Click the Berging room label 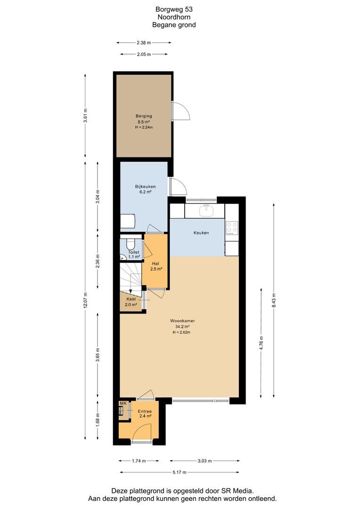144,116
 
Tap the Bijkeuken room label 145,186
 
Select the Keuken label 201,233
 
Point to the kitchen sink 206,211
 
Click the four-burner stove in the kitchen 232,228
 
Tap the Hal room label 155,263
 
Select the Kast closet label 131,299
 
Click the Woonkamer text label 182,321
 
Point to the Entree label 145,411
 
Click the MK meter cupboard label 123,403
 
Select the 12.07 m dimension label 85,300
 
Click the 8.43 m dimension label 274,300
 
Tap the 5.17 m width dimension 180,472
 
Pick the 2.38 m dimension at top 143,42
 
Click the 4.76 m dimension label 262,343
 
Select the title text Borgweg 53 174,10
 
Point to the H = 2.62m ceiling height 181,332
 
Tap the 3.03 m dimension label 205,460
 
